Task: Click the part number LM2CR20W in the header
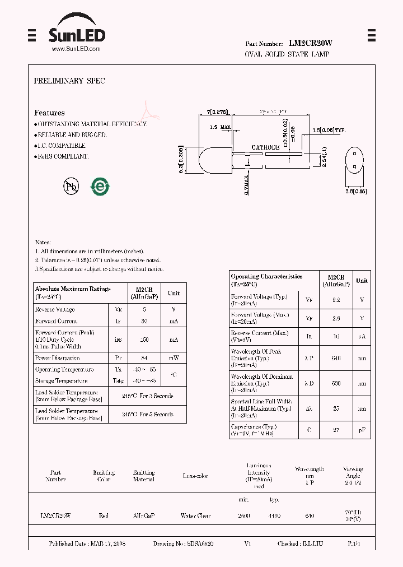(311, 43)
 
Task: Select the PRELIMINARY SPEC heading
(69, 81)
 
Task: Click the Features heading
(49, 113)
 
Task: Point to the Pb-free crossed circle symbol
(71, 187)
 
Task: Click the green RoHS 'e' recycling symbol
(101, 187)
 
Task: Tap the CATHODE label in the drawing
(265, 147)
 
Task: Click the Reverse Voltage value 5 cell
(144, 309)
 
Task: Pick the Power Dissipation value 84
(144, 357)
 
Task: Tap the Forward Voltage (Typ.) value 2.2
(336, 300)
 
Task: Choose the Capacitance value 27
(336, 430)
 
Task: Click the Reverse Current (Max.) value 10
(336, 337)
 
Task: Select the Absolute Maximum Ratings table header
(73, 292)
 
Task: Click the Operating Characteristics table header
(266, 280)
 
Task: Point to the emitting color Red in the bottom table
(104, 515)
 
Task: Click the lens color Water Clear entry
(195, 515)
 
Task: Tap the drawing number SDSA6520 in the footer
(200, 543)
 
